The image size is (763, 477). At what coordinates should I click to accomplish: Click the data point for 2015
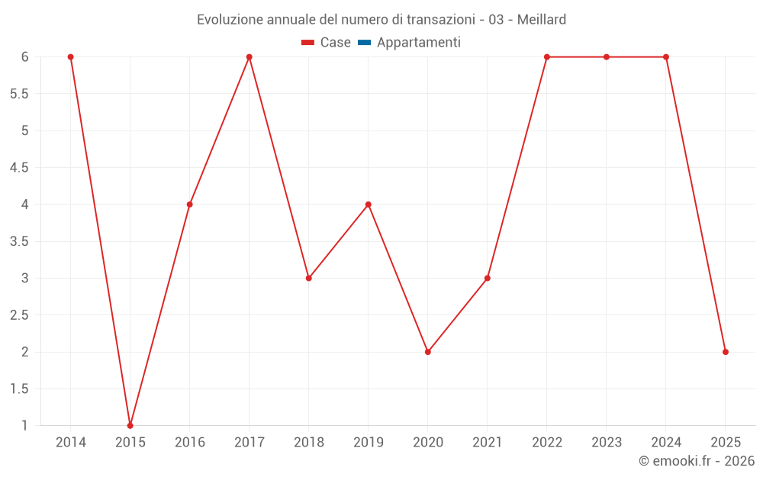pos(130,425)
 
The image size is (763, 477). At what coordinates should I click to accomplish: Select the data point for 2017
pos(249,57)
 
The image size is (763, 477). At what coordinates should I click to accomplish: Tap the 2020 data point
pos(428,352)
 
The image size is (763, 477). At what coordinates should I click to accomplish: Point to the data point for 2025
pos(726,352)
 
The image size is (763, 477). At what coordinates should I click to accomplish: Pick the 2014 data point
pos(70,57)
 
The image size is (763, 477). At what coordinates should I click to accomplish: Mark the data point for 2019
pos(369,205)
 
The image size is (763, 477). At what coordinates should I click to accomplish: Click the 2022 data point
pos(547,57)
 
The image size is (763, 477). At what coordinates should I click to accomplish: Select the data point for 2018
pos(309,278)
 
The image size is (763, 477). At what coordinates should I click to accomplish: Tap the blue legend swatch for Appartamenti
pos(364,43)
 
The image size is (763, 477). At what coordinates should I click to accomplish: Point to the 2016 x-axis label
pos(189,443)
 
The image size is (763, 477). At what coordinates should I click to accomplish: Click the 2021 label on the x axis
pos(488,443)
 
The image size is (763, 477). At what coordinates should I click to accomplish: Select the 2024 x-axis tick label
pos(666,443)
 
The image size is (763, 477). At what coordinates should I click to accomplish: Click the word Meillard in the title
pos(542,20)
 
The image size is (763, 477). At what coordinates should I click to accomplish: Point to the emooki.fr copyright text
pos(697,461)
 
